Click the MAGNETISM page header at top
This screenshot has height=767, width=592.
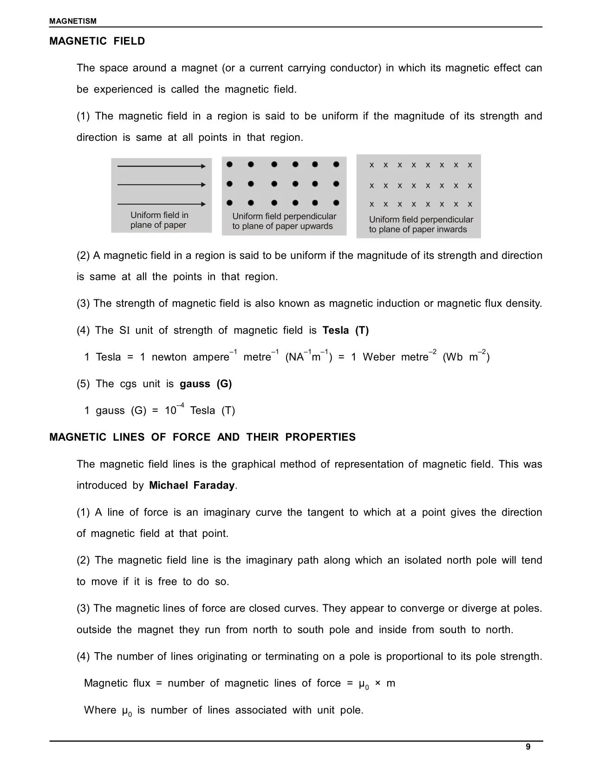coord(73,21)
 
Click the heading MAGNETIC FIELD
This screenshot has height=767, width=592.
coord(97,41)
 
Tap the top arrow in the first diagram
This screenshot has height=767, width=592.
coord(161,166)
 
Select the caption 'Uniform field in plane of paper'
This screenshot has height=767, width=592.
coord(159,220)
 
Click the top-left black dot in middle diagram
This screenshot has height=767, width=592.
coord(230,164)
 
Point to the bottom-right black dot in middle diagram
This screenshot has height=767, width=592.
coord(337,203)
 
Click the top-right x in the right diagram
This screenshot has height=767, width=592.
coord(470,165)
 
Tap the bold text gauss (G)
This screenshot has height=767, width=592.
coord(206,384)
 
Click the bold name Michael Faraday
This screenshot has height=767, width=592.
coord(192,486)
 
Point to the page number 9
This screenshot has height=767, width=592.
coord(528,747)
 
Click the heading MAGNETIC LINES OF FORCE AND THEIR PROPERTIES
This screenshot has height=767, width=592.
coord(202,437)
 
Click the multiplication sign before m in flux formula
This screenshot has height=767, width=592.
coord(377,683)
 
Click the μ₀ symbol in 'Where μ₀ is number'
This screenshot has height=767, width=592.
coord(127,711)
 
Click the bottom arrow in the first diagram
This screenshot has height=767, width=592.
coord(161,204)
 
